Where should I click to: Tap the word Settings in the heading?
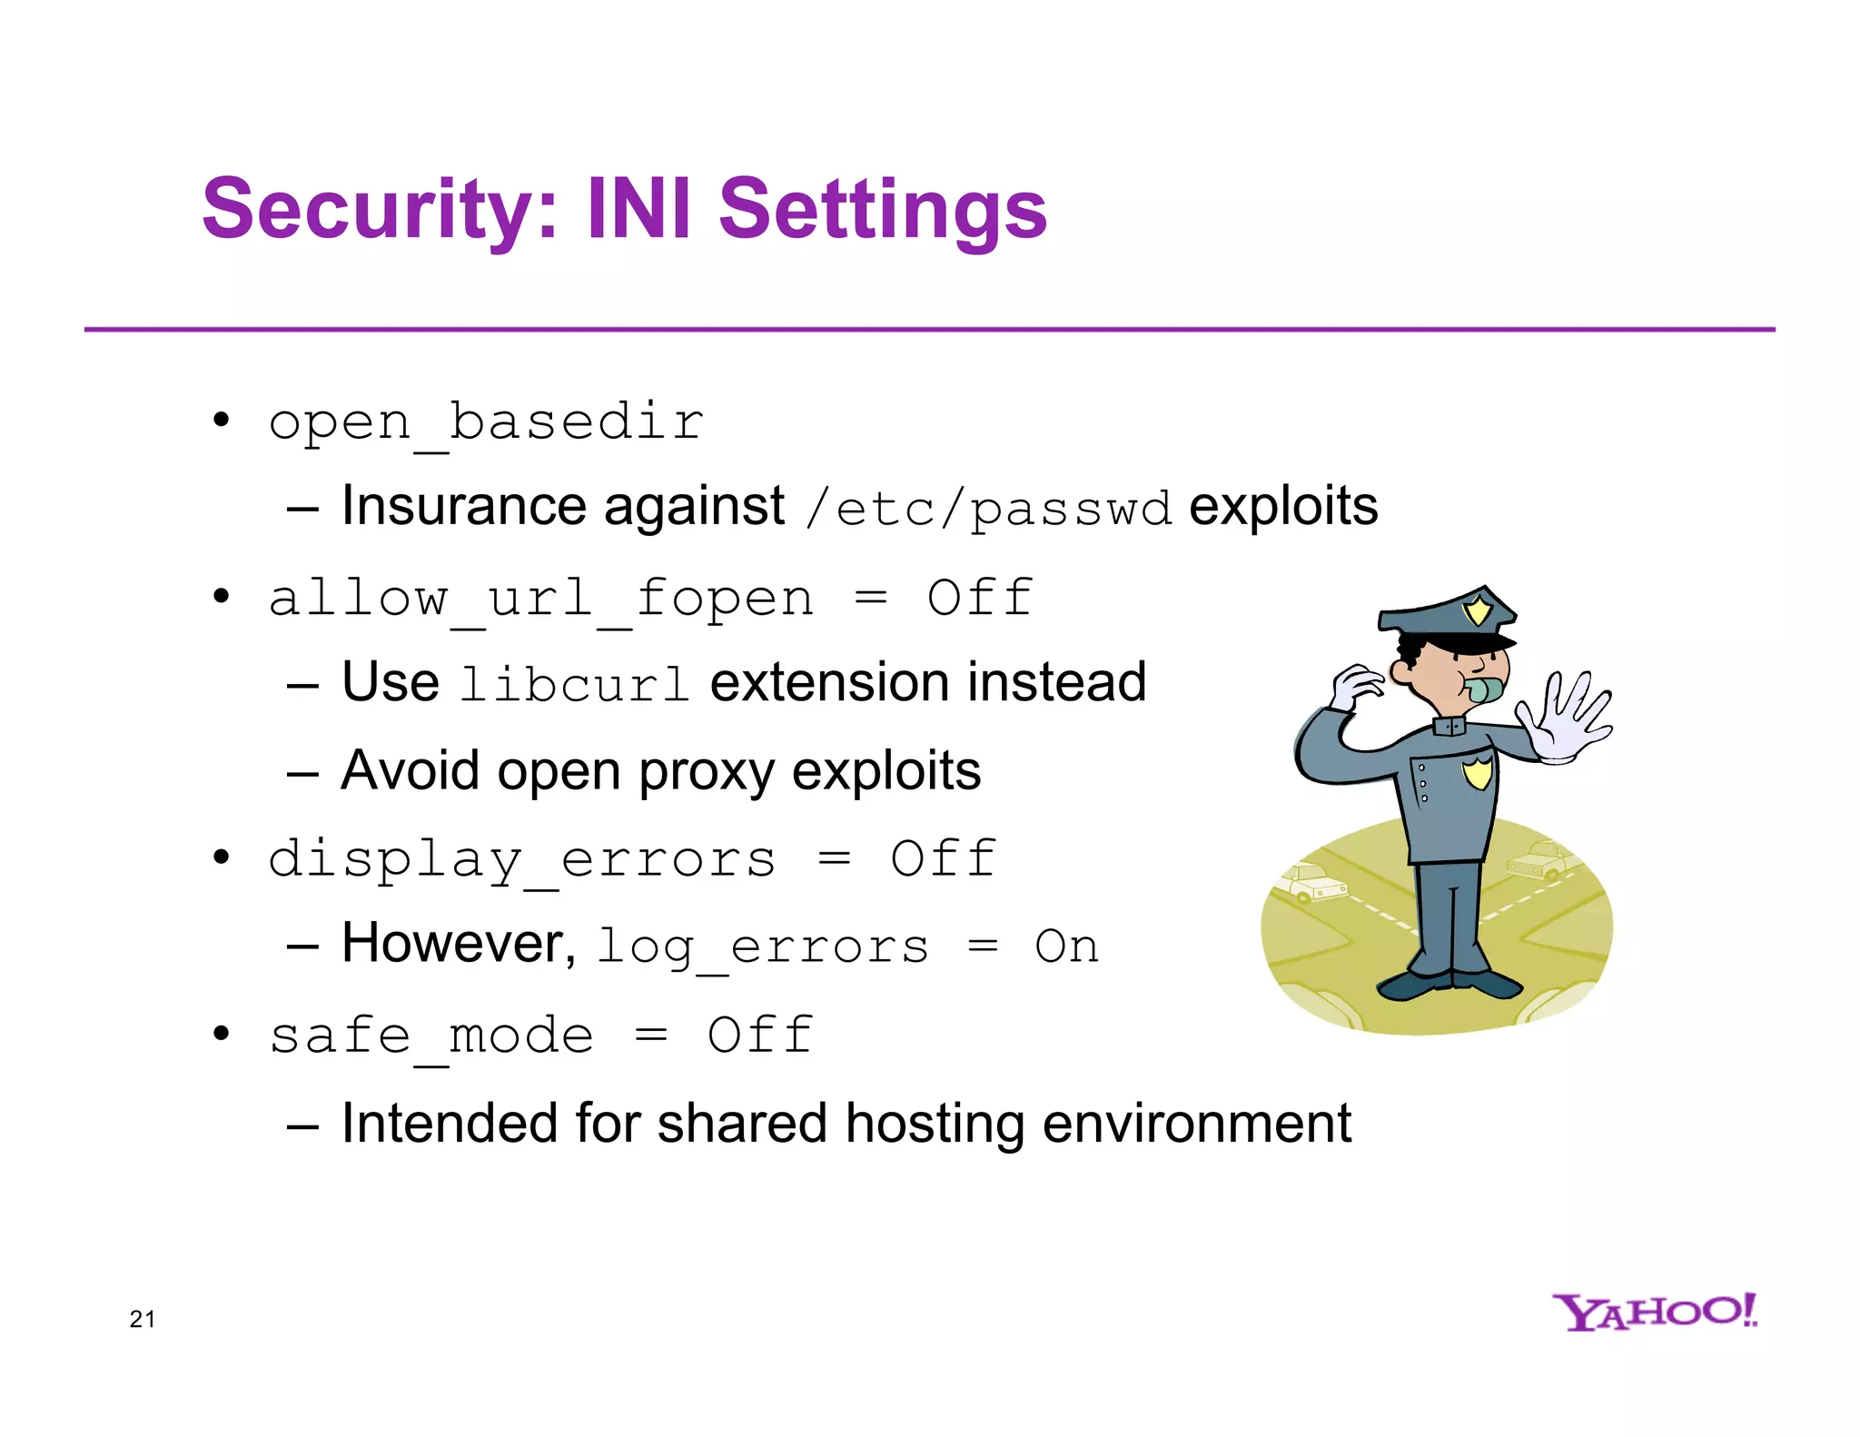pyautogui.click(x=883, y=210)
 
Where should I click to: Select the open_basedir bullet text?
pyautogui.click(x=486, y=422)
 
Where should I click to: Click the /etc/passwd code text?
pyautogui.click(x=988, y=509)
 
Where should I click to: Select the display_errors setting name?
pyautogui.click(x=522, y=859)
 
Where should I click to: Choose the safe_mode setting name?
pyautogui.click(x=431, y=1036)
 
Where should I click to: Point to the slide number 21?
pyautogui.click(x=143, y=1319)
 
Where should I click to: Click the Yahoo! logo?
pyautogui.click(x=1654, y=1312)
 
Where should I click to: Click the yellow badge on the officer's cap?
pyautogui.click(x=1478, y=609)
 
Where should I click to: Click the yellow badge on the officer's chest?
pyautogui.click(x=1478, y=773)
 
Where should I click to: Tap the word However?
pyautogui.click(x=458, y=944)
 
